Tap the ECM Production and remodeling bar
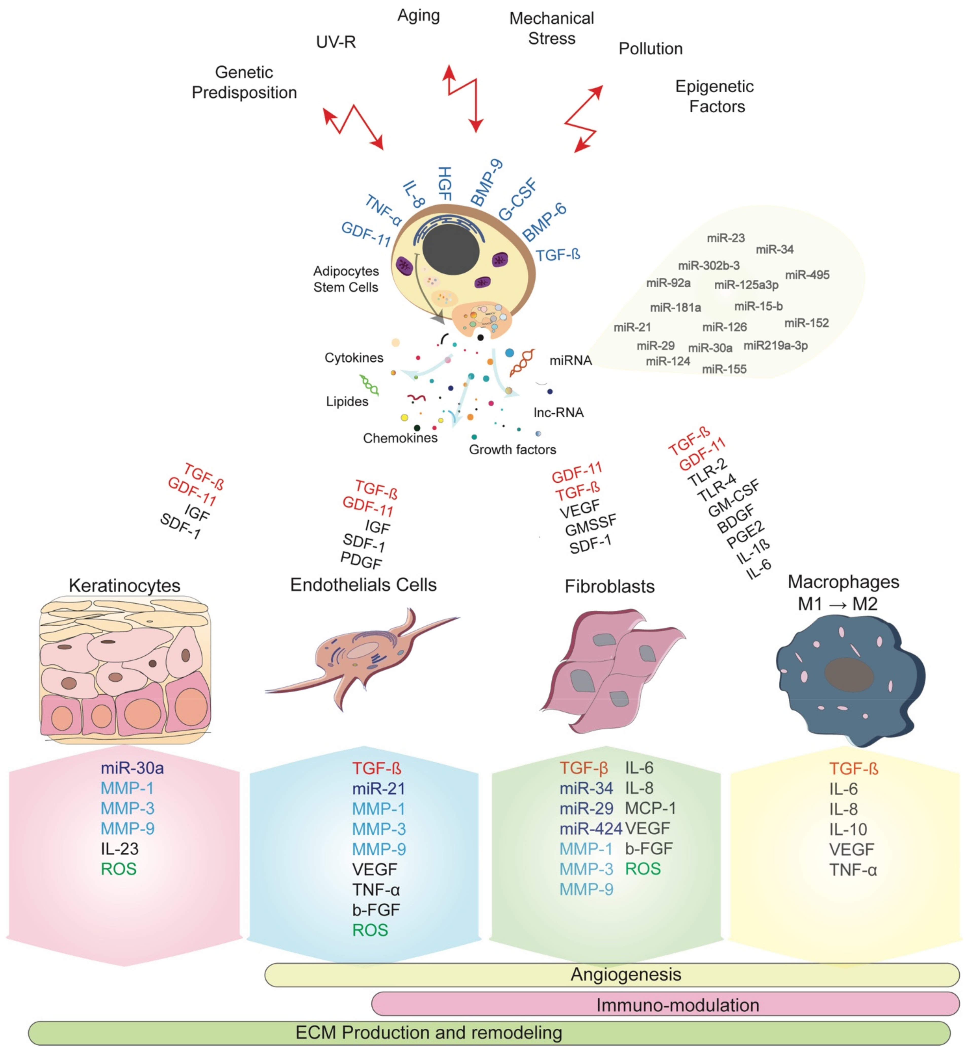[x=489, y=1033]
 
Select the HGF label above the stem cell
[x=445, y=184]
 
